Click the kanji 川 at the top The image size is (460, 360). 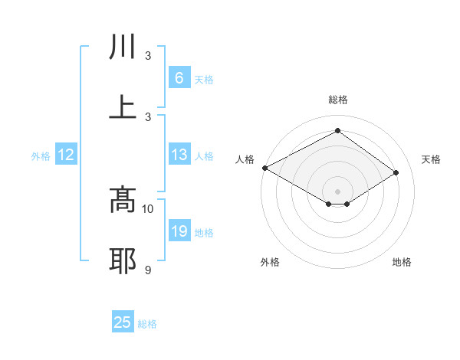[123, 47]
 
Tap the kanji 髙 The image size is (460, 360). [123, 200]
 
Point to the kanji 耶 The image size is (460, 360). [123, 260]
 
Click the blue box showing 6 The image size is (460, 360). [179, 78]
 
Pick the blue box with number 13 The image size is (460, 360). [179, 155]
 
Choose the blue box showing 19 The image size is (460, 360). [179, 231]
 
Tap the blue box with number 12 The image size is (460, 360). [66, 155]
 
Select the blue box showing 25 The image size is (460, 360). [123, 322]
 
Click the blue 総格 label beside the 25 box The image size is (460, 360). [147, 324]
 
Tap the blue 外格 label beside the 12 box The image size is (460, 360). [41, 155]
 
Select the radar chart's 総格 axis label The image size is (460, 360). [337, 100]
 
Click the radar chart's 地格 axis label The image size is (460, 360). [402, 262]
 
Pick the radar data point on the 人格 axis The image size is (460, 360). [264, 167]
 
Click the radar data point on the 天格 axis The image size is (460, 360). [396, 172]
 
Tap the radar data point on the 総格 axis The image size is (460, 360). [337, 131]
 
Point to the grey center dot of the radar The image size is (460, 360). [337, 191]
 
